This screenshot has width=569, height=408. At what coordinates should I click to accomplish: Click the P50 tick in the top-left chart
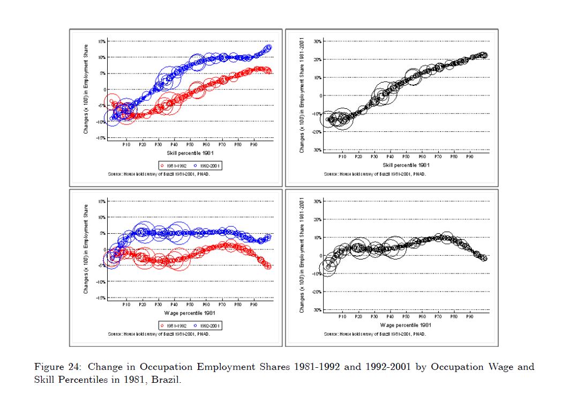pos(190,144)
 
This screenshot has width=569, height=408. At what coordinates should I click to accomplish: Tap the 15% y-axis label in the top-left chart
pos(102,41)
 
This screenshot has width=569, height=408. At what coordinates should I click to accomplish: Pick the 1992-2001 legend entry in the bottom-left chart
pos(206,325)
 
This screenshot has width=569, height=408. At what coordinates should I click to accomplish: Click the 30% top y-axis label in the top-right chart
pos(317,41)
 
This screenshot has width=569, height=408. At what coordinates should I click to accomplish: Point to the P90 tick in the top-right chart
pos(470,157)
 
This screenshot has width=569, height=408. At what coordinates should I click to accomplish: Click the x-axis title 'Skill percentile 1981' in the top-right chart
pos(407,165)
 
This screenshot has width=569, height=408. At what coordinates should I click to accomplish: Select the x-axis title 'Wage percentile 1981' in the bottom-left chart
pos(190,313)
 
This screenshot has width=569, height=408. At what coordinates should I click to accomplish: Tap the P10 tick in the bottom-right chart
pos(342,316)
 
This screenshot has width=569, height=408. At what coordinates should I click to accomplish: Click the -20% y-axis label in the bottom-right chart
pos(317,292)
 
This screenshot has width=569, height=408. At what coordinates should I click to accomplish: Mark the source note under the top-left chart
pos(159,175)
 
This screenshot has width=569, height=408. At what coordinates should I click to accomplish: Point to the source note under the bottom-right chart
pos(375,334)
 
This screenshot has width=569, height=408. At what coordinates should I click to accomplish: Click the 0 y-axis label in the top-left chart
pos(104,90)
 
